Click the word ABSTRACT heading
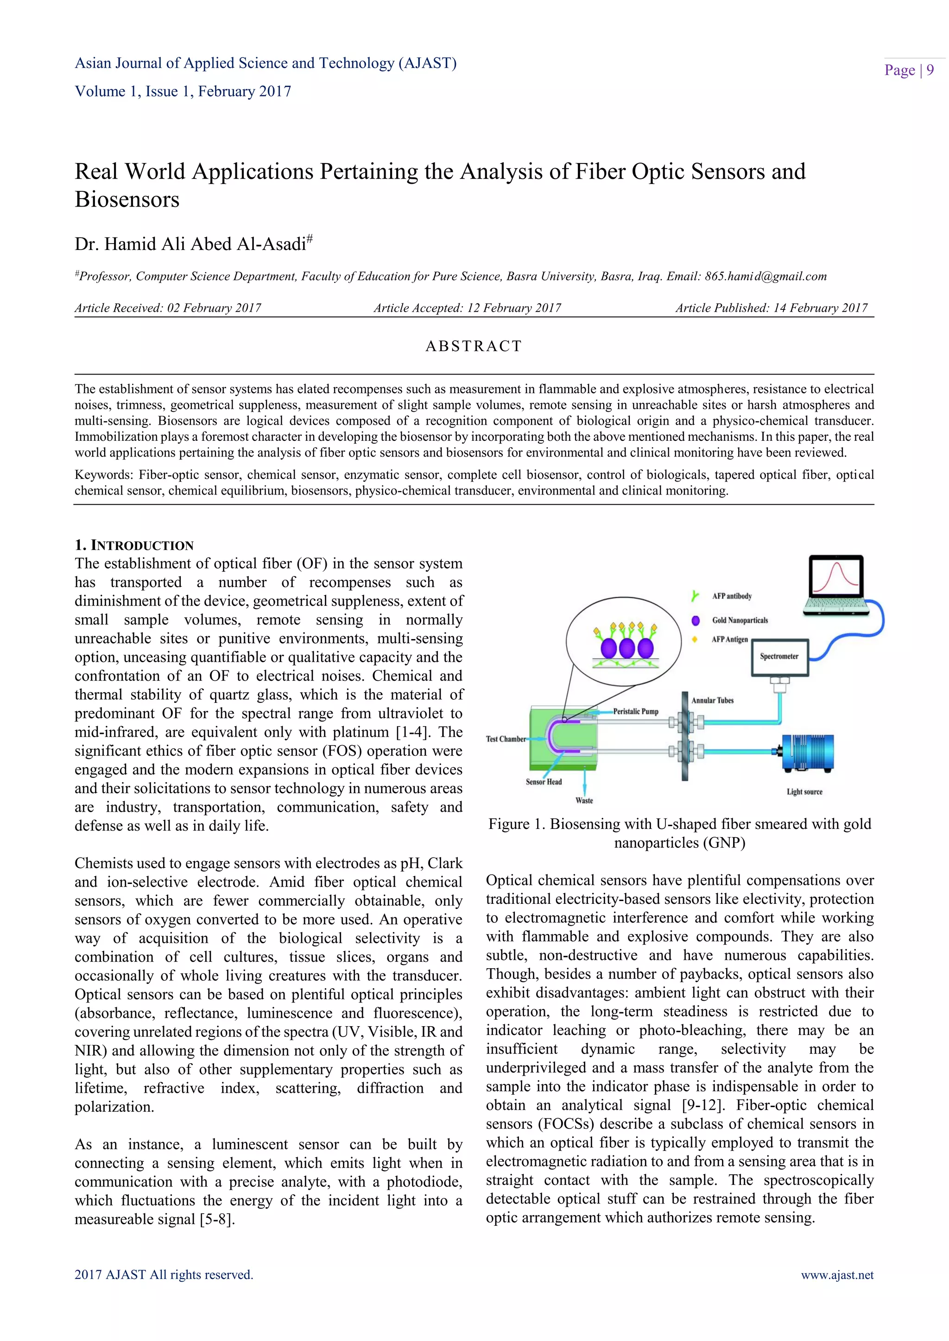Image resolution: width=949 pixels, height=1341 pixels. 473,346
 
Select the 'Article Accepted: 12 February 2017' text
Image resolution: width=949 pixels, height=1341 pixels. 467,308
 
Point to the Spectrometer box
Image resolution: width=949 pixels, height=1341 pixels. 779,657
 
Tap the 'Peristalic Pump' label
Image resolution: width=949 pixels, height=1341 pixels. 635,711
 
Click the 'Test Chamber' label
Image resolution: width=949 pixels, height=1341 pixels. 506,739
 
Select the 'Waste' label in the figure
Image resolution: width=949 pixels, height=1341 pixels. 584,801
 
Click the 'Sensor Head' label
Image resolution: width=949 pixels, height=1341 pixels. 544,782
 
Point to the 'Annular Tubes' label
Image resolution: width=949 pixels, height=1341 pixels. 712,700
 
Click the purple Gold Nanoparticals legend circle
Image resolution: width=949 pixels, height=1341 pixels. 696,620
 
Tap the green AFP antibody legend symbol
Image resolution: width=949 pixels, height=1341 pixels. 695,596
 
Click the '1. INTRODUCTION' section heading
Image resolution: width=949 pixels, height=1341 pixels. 134,545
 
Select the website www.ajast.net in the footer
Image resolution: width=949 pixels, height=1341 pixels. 837,1275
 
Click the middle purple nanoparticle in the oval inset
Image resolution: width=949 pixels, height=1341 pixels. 626,648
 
